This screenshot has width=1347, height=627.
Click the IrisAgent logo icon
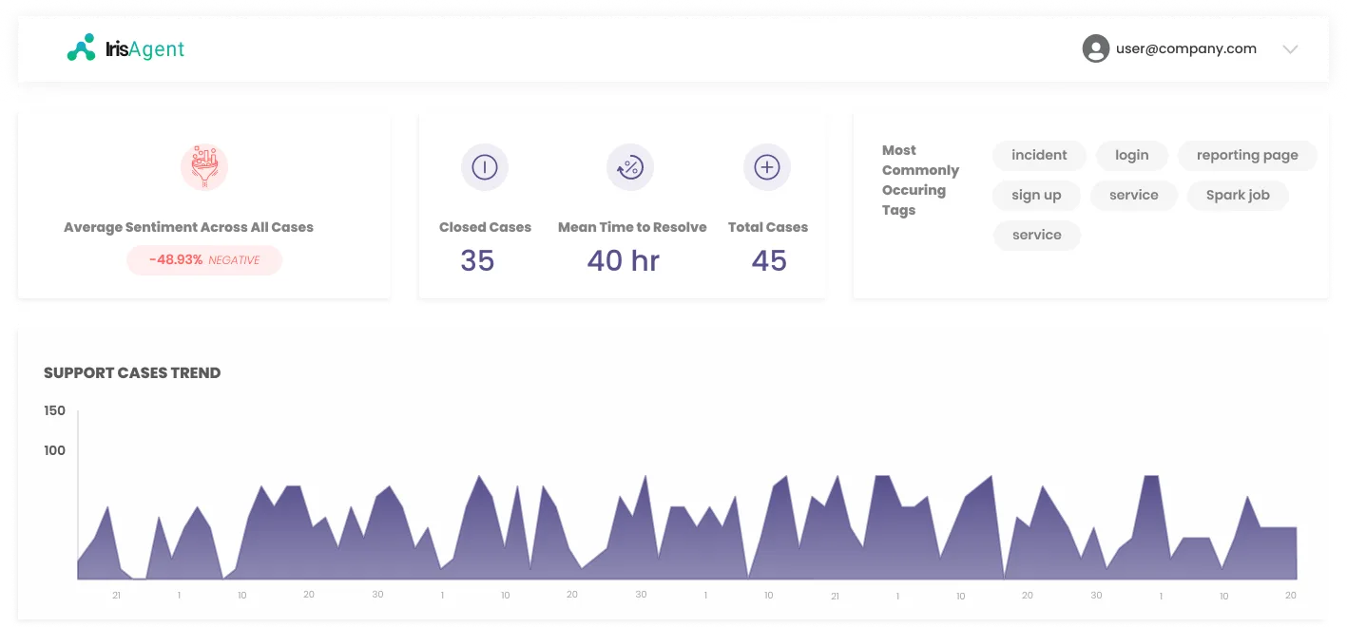point(81,47)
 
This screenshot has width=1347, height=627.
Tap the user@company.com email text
point(1185,48)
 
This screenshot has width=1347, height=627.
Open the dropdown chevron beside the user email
point(1290,49)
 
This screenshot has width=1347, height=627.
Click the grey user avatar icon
point(1096,48)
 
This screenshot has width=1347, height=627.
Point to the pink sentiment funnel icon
point(204,166)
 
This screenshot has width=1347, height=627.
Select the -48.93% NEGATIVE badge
point(204,259)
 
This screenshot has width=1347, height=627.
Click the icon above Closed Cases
point(485,166)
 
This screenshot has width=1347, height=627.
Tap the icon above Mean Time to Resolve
point(630,166)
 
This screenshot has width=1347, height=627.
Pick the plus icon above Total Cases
point(767,166)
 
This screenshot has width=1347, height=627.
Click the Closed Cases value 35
point(477,260)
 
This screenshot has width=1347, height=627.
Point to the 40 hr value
point(623,260)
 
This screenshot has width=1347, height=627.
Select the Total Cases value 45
point(768,260)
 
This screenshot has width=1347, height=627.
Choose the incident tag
point(1039,155)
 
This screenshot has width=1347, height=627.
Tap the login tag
point(1132,155)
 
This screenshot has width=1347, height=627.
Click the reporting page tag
point(1247,155)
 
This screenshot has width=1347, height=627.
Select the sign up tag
point(1036,195)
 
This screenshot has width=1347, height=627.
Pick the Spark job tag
point(1238,195)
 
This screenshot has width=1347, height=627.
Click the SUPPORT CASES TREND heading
point(132,372)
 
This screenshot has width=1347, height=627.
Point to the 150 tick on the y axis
point(55,410)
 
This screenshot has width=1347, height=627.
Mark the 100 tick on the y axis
point(55,450)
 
